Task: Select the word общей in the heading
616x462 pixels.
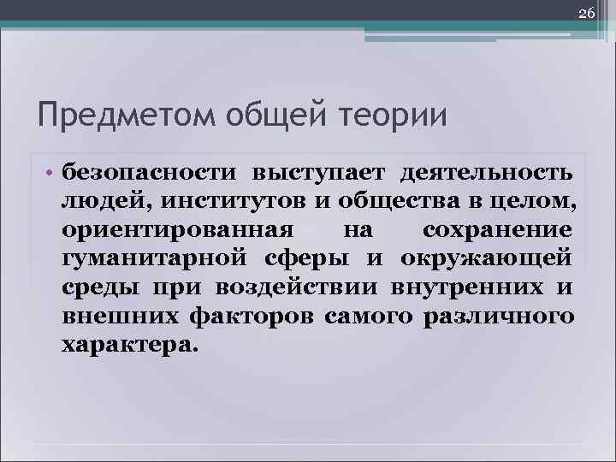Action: pos(261,114)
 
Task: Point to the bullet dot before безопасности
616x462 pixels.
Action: pos(50,174)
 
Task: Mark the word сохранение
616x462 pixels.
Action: pos(497,232)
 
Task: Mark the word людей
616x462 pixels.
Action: pos(93,203)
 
